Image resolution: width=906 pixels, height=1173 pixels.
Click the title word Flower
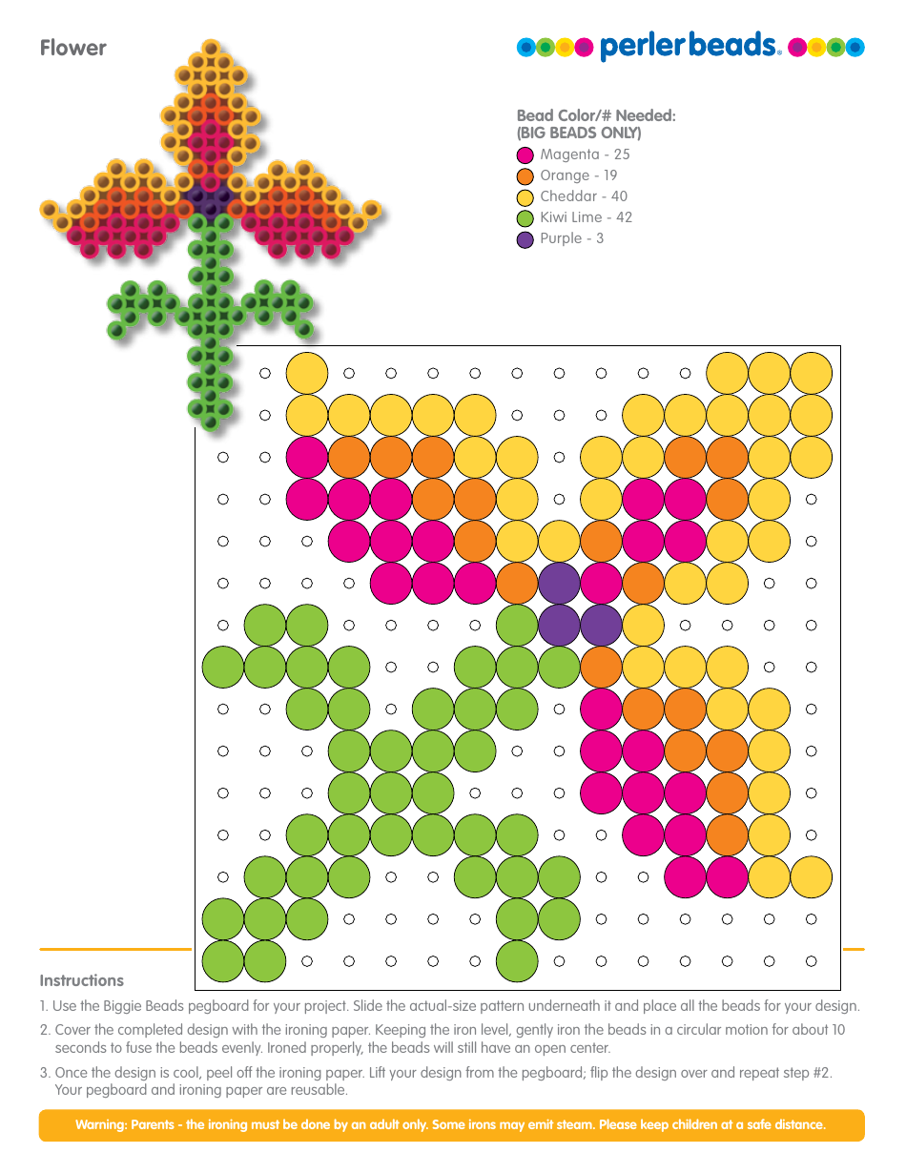73,49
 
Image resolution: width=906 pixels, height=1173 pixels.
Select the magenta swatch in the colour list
525,154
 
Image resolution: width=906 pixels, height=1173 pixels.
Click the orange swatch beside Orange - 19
525,175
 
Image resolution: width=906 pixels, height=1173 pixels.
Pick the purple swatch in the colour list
525,239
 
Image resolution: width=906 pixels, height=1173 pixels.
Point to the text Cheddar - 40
584,196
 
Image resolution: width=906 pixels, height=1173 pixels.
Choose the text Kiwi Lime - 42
586,217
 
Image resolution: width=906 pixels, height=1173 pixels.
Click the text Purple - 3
571,238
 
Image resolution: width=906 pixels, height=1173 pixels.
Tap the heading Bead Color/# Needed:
596,115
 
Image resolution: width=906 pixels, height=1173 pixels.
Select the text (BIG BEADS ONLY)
579,133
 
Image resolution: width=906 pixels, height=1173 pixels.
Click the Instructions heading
82,980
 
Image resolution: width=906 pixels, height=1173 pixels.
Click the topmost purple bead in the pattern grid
559,583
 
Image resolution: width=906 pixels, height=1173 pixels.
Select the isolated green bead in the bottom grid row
517,960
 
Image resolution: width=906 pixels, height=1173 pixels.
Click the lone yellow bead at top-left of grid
307,373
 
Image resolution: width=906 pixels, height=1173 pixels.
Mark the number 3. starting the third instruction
45,1073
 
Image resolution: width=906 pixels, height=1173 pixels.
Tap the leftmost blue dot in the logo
525,48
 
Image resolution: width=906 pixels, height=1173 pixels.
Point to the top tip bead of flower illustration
211,47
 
